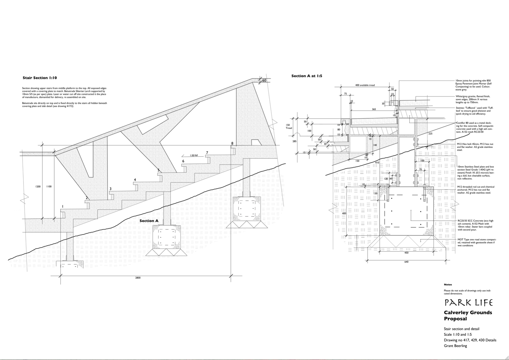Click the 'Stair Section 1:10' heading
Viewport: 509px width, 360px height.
tap(40, 78)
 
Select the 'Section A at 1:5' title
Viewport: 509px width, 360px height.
tap(307, 76)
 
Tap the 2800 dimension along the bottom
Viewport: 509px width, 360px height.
tap(138, 278)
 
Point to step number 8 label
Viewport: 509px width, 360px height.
tap(232, 143)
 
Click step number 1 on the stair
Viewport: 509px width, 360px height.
tap(62, 206)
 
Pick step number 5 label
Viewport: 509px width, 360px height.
tap(158, 170)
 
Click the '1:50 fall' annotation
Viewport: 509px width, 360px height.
tap(194, 155)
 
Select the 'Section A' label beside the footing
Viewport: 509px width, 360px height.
tap(149, 221)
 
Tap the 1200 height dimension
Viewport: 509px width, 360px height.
tap(38, 186)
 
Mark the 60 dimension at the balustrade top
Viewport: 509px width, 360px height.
tap(264, 80)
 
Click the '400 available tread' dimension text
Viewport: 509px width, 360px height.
tap(365, 85)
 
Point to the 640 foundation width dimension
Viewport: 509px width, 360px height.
tap(406, 262)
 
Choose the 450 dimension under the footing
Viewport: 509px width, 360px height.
tap(406, 253)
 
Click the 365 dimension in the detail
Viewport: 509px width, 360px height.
tap(374, 109)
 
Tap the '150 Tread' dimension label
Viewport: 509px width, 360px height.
tap(288, 126)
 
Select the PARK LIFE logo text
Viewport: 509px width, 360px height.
tap(468, 302)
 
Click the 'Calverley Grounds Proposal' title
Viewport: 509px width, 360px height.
tap(468, 315)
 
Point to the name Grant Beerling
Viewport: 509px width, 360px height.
tap(455, 346)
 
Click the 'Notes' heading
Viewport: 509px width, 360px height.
tap(448, 284)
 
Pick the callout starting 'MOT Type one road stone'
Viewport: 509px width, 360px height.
tap(476, 242)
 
